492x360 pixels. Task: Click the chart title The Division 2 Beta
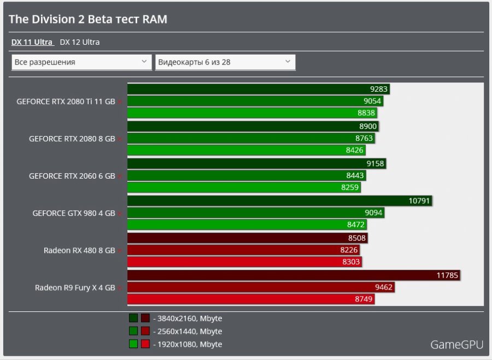pyautogui.click(x=88, y=20)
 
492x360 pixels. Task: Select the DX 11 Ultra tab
pyautogui.click(x=32, y=42)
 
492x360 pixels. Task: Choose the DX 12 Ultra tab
pyautogui.click(x=80, y=42)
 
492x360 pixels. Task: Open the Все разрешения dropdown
pyautogui.click(x=81, y=62)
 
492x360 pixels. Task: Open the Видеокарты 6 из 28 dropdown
pyautogui.click(x=225, y=62)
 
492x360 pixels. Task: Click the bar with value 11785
pyautogui.click(x=294, y=275)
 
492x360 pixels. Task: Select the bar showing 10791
pyautogui.click(x=280, y=201)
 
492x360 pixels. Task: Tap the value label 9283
pyautogui.click(x=379, y=89)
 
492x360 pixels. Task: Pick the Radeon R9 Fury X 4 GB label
pyautogui.click(x=75, y=287)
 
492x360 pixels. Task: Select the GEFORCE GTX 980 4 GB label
pyautogui.click(x=74, y=213)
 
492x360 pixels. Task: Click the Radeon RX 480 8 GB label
pyautogui.click(x=79, y=250)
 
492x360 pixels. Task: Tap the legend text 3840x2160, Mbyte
pyautogui.click(x=188, y=318)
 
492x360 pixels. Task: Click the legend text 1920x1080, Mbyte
pyautogui.click(x=188, y=344)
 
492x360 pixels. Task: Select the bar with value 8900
pyautogui.click(x=253, y=126)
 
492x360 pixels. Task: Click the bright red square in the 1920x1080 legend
pyautogui.click(x=145, y=344)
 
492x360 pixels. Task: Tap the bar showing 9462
pyautogui.click(x=261, y=287)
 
